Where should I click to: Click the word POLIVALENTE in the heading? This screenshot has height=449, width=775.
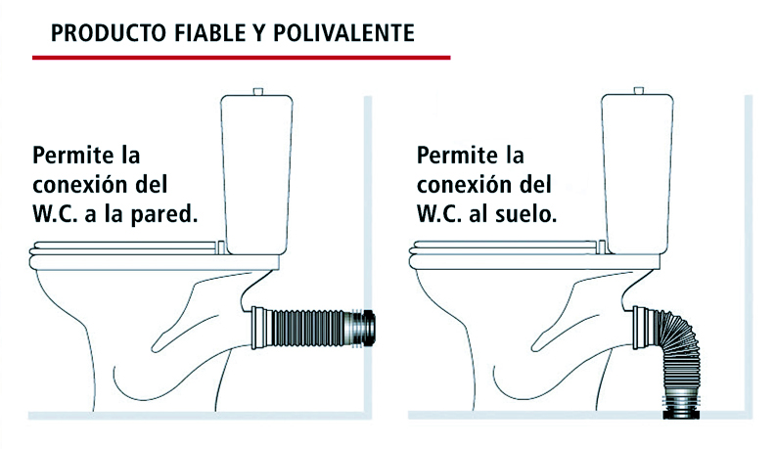coord(344,33)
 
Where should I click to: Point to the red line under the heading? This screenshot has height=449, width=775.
coord(241,58)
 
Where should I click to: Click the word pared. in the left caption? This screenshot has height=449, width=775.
coord(164,215)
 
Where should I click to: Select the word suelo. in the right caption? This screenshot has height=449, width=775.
coord(524,214)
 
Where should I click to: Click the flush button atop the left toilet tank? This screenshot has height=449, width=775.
coord(257,92)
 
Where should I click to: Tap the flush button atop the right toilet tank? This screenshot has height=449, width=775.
coord(638,91)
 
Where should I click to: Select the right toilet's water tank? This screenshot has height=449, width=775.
coord(638,174)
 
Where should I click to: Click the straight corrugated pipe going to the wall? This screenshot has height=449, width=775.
coord(307,329)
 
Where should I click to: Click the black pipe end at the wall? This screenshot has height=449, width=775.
coord(369,329)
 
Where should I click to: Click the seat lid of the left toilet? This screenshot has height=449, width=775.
coord(124,247)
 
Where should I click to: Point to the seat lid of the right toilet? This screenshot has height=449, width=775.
coord(504,247)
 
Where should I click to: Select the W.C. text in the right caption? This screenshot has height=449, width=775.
coord(439,214)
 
